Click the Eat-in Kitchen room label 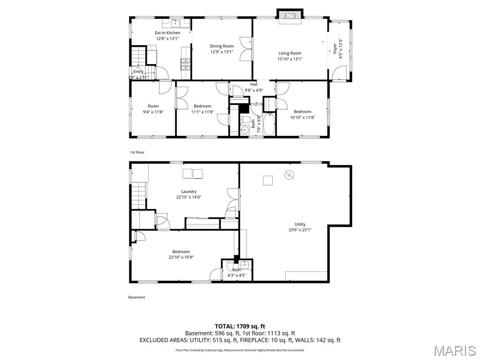coord(167,33)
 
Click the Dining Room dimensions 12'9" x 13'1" coord(222,52)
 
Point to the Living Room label coord(290,53)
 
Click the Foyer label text coord(335,48)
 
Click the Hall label coord(254,84)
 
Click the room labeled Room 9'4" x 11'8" coord(153,109)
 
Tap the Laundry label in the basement coord(189,191)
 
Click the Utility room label coord(300,224)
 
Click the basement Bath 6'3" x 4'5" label coord(237,272)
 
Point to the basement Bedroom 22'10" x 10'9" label coord(181,254)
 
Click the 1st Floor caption coord(137,152)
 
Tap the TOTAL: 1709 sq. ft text coord(240,326)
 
